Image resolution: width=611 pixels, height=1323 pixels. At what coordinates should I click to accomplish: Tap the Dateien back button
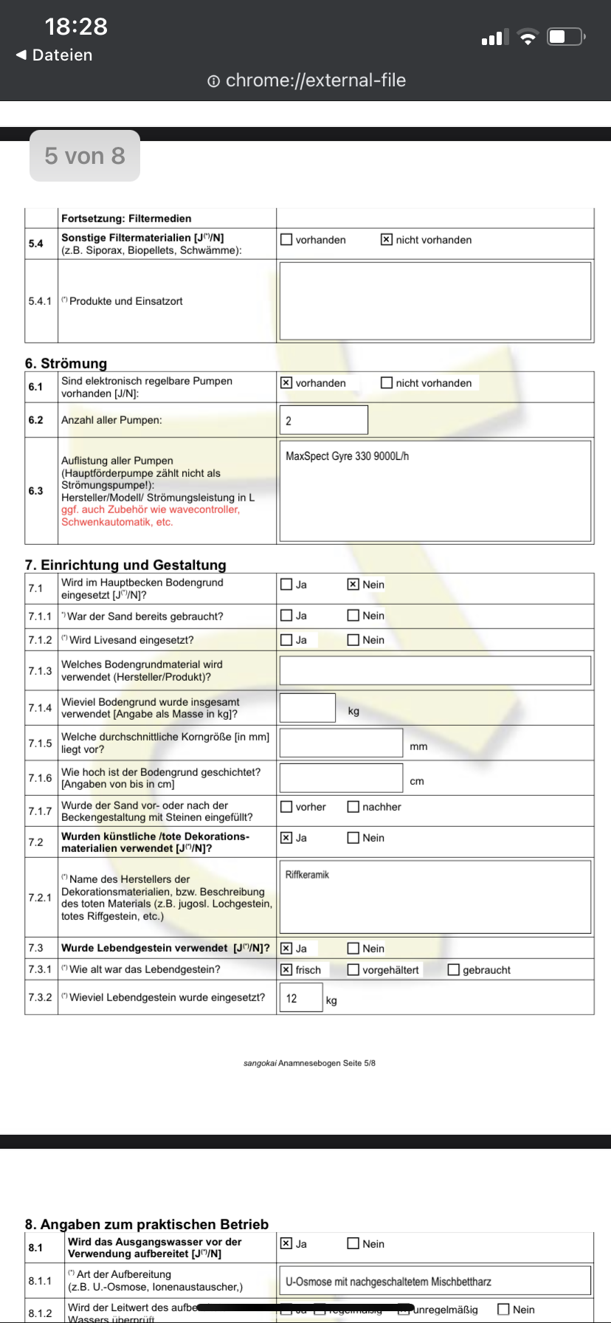coord(54,55)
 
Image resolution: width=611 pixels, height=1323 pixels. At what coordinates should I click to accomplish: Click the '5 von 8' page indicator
coord(85,156)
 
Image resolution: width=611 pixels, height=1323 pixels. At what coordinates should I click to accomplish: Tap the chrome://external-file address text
coord(315,80)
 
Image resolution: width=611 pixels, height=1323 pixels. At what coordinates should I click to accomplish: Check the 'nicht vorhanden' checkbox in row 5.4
coord(387,240)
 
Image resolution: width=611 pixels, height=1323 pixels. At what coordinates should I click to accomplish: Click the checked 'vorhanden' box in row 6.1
coord(286,383)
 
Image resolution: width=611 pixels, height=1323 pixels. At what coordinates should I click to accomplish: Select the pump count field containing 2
coord(323,420)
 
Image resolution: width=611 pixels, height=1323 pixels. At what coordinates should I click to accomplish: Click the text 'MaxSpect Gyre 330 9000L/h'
coord(348,456)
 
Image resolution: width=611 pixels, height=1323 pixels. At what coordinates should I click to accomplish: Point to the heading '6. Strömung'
coord(66,363)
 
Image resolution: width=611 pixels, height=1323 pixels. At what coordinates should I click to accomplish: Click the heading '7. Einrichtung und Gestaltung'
coord(125,565)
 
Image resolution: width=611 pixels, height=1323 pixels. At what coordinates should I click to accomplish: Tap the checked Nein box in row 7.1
coord(353,585)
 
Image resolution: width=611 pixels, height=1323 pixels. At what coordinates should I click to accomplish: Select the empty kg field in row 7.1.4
coord(307,708)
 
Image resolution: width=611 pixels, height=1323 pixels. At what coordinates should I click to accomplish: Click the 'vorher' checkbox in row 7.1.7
coord(286,807)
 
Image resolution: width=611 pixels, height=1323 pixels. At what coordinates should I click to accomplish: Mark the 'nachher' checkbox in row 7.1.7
coord(353,807)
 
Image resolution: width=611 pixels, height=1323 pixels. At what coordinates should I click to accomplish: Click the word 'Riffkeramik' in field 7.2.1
coord(307,875)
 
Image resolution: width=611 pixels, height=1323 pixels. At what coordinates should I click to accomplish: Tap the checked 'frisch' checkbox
coord(286,970)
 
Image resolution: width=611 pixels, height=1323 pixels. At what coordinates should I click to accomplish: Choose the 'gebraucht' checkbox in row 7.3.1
coord(454,970)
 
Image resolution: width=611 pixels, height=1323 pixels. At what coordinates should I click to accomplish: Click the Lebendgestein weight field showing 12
coord(301,998)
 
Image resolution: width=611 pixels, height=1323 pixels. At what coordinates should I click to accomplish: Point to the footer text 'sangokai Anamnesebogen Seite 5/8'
coord(309,1063)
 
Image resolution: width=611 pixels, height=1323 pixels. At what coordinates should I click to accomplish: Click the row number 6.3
coord(36,491)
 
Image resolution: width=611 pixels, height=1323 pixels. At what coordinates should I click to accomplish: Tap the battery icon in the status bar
coord(566,37)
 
